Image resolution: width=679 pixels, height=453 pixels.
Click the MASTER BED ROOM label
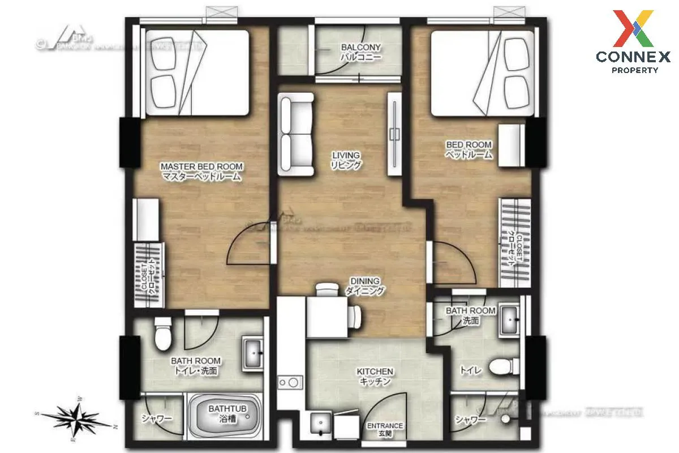[x=201, y=166]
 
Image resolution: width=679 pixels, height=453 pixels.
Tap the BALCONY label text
[x=360, y=47]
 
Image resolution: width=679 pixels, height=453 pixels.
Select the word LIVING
[x=346, y=155]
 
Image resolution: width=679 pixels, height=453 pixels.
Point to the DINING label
[x=364, y=281]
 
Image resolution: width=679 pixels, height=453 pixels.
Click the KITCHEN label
[x=375, y=371]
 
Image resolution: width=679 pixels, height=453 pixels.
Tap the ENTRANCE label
[x=385, y=426]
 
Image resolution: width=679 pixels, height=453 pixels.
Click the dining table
[x=327, y=317]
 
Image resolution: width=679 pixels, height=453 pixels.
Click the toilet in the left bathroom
[x=162, y=334]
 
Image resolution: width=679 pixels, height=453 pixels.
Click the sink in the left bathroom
[x=252, y=353]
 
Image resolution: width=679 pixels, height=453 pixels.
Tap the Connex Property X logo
[x=634, y=28]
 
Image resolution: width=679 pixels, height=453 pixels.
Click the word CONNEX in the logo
[x=633, y=57]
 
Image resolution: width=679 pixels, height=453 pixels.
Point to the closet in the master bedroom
[x=149, y=275]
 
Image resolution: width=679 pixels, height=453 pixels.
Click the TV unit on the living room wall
[x=394, y=134]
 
